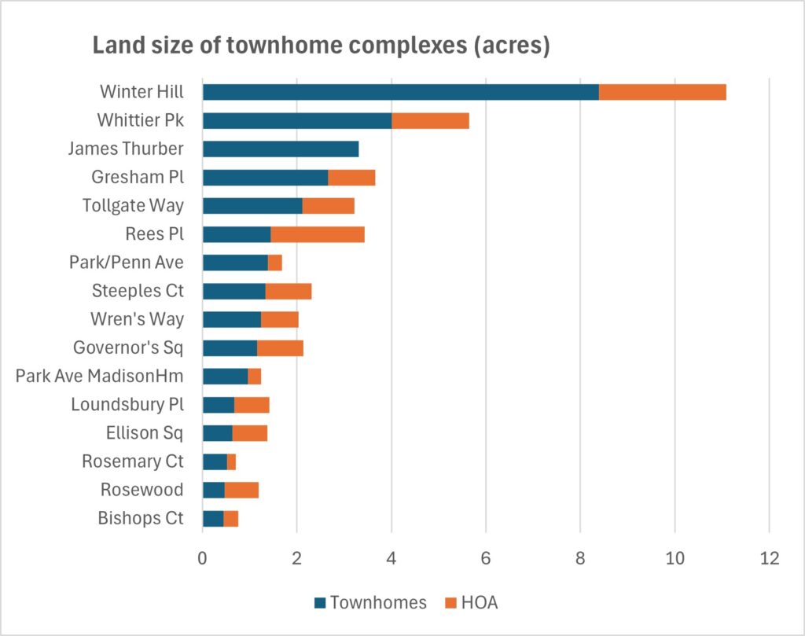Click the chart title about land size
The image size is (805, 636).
[321, 45]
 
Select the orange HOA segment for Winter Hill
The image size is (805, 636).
[662, 92]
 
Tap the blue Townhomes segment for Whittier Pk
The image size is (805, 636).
[296, 120]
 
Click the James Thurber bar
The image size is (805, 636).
[280, 149]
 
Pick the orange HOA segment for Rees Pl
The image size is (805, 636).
[317, 234]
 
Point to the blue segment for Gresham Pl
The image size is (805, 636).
[265, 178]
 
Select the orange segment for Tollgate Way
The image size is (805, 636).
[328, 206]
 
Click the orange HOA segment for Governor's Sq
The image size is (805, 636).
[280, 347]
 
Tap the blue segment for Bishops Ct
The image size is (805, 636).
[212, 518]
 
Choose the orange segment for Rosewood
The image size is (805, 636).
[241, 490]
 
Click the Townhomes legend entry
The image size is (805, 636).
[369, 603]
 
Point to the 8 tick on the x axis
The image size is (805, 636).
[580, 558]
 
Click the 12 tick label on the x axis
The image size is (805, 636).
[769, 558]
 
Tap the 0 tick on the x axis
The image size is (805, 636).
[203, 558]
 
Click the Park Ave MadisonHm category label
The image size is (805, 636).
[99, 376]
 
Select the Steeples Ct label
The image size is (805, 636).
[136, 291]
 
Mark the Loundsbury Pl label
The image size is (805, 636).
[127, 405]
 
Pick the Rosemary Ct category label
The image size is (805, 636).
[132, 461]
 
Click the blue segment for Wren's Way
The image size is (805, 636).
[231, 319]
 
